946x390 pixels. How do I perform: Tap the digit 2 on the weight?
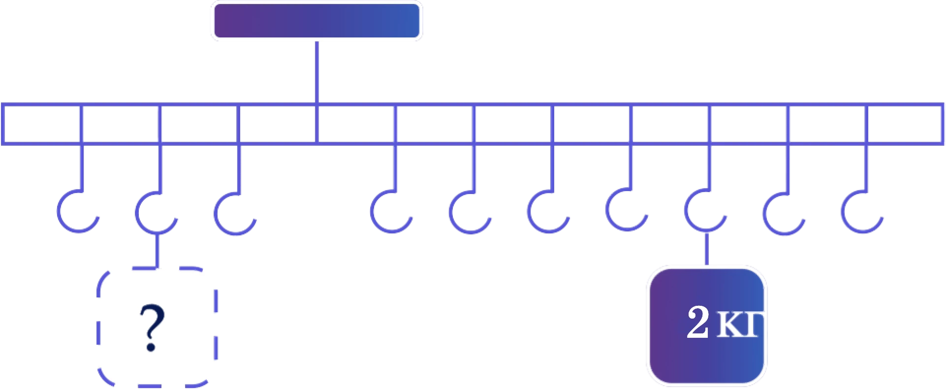(x=697, y=322)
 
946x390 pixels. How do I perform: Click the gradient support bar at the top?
(x=317, y=21)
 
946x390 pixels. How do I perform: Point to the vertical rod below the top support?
(x=316, y=72)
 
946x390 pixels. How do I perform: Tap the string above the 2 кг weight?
(x=707, y=249)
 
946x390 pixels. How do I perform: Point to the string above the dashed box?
(x=157, y=250)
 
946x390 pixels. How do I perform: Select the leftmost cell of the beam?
(x=42, y=124)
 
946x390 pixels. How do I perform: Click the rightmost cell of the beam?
(x=905, y=124)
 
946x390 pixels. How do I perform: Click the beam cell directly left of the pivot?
(x=278, y=124)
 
